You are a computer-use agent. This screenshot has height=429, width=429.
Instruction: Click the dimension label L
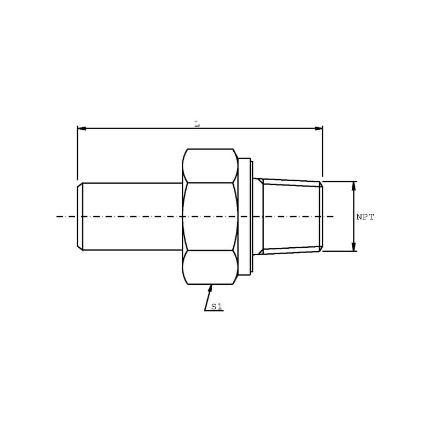coord(197,124)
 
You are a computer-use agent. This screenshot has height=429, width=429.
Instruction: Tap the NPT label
coord(365,217)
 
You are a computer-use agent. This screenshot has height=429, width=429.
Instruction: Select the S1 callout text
coord(216,307)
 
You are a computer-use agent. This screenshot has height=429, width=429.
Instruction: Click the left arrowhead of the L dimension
coord(82,129)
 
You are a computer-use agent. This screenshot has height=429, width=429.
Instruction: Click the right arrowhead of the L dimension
coord(318,129)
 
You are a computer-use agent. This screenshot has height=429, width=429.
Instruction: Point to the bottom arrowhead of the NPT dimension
coord(353,247)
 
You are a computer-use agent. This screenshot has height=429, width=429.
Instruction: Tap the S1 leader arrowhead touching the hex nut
coord(210,289)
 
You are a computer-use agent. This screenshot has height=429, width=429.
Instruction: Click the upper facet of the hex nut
coord(210,166)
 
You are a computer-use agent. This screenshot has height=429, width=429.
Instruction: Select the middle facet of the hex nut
coord(210,217)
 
